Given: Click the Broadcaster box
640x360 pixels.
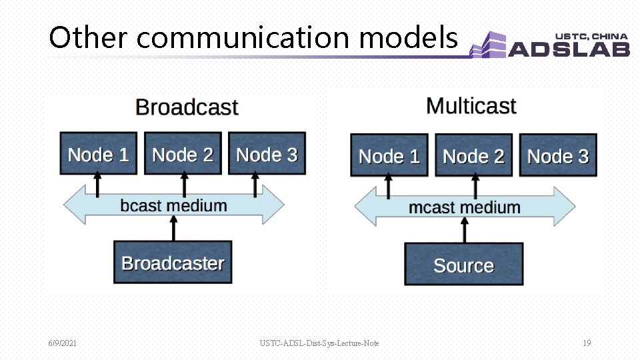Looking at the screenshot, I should (173, 263).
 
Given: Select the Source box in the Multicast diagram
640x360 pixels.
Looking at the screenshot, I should (463, 265).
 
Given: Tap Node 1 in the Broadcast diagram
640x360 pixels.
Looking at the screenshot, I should (98, 154).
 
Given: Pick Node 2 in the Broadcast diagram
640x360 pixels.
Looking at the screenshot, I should (183, 154).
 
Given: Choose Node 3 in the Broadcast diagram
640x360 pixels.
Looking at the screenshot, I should (267, 154).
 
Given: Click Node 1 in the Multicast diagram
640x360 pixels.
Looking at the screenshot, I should (389, 156).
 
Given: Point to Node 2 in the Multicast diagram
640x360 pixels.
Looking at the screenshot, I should (473, 156).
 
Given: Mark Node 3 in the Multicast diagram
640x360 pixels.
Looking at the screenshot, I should (557, 156).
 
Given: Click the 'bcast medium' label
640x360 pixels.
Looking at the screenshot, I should (173, 205).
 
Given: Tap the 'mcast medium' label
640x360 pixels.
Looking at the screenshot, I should (464, 207).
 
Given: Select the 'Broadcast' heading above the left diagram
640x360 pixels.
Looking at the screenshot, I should (187, 107).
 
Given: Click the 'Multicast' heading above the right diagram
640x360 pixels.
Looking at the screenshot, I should (471, 106).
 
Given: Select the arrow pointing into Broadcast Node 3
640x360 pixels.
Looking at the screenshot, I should (255, 185).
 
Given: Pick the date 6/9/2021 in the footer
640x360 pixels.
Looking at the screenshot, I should (62, 343).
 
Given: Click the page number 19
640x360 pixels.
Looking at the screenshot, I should (587, 343).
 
